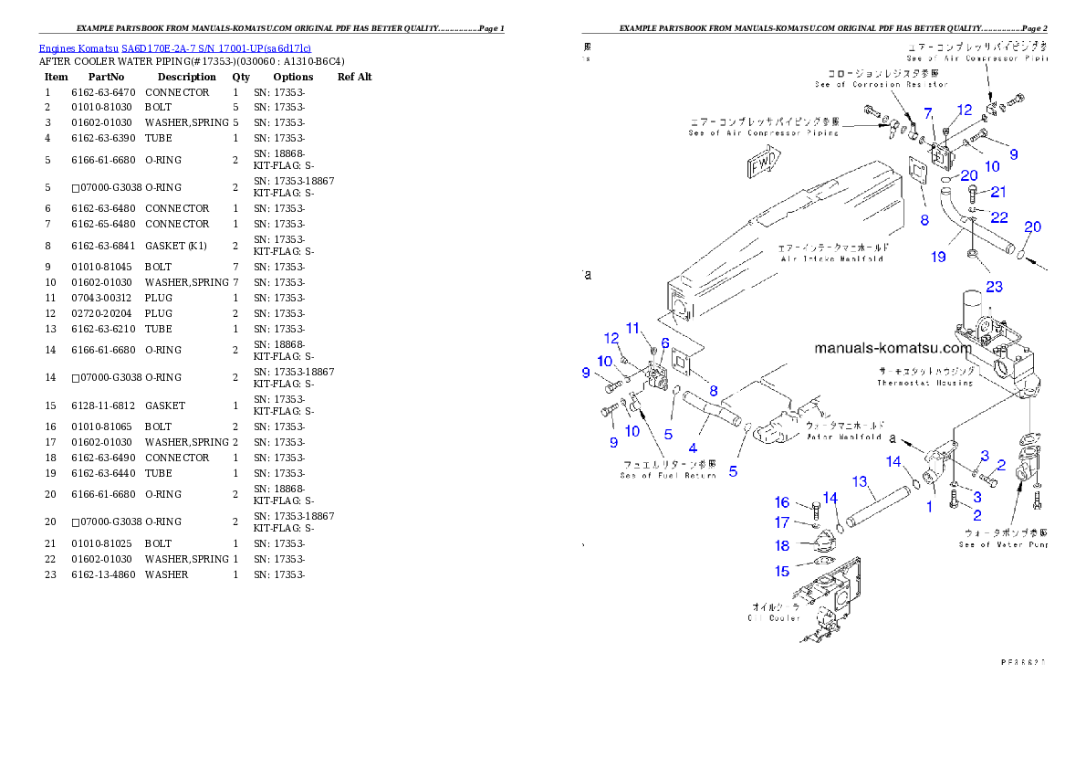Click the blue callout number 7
(928, 113)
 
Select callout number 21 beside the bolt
(998, 192)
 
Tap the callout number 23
(994, 287)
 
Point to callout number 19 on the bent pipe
(938, 258)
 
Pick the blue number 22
(999, 217)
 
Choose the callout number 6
(665, 342)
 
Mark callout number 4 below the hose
(693, 448)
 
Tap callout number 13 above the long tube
(859, 481)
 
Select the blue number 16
(782, 503)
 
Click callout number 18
(782, 546)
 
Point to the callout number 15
(782, 572)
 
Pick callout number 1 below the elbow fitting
(930, 506)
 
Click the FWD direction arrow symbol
(762, 167)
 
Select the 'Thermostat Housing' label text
(924, 377)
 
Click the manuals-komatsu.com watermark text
(893, 348)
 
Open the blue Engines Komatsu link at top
(174, 48)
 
